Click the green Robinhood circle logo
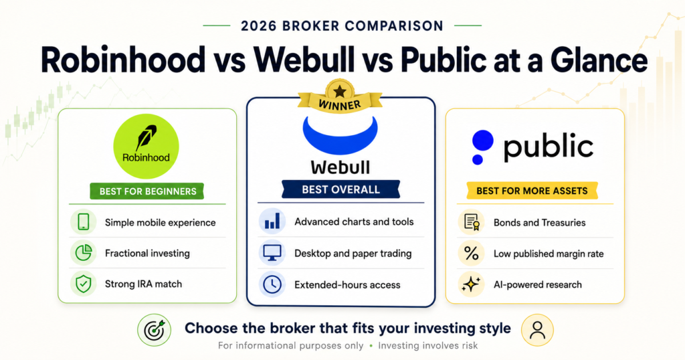point(146,147)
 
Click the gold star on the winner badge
point(339,92)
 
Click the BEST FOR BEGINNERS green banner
point(147,191)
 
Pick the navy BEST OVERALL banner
point(340,189)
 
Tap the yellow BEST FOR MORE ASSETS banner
point(532,191)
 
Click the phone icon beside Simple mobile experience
point(84,222)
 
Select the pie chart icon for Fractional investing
point(84,253)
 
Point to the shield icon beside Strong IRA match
point(84,284)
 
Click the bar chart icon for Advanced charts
point(272,221)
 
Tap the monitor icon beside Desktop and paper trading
point(272,253)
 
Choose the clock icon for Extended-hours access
point(272,284)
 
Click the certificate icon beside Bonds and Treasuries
point(471,222)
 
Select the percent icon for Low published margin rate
point(471,254)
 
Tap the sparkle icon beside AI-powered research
point(471,284)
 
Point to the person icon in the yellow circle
point(537,331)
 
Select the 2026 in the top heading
point(259,26)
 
